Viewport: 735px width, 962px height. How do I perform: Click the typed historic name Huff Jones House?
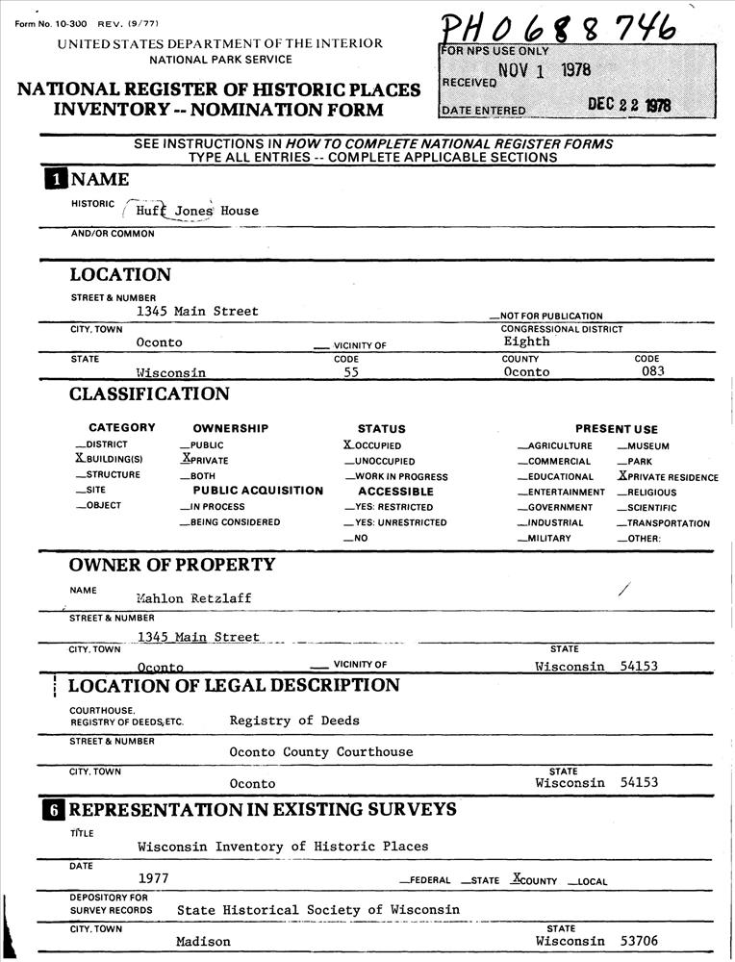click(x=196, y=211)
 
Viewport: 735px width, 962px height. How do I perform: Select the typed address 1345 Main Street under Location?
click(x=197, y=311)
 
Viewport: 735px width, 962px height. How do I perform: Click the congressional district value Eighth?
click(x=526, y=342)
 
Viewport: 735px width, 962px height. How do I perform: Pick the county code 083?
click(x=652, y=371)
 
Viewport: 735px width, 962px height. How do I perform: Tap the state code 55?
click(x=351, y=371)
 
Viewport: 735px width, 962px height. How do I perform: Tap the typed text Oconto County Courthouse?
click(x=320, y=751)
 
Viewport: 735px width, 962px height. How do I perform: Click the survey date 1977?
click(x=153, y=877)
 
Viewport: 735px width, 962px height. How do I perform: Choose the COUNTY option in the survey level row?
click(x=537, y=879)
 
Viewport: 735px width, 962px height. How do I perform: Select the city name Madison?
click(x=203, y=941)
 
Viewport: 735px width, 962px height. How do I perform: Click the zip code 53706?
click(x=640, y=941)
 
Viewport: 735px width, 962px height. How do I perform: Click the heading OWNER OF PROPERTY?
click(x=172, y=565)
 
